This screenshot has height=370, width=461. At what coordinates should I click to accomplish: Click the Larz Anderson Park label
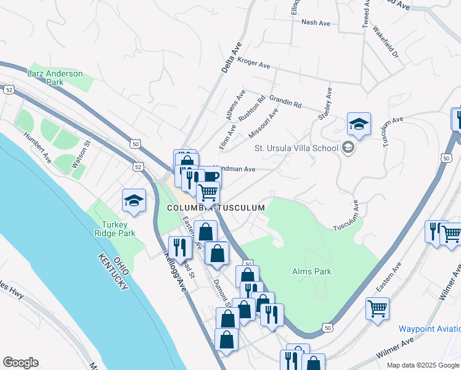(55, 78)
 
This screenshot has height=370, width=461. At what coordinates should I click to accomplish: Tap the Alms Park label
(312, 271)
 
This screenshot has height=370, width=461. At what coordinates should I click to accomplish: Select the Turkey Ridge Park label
(114, 229)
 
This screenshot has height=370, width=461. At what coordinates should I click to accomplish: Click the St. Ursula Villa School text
(296, 148)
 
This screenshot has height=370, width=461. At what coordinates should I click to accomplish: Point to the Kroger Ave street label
(254, 64)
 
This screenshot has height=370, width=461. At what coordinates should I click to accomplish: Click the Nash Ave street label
(316, 22)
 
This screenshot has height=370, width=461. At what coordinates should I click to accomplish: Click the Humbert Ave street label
(38, 147)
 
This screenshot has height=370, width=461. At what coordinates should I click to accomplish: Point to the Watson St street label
(82, 151)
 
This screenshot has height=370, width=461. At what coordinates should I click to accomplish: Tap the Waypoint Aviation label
(429, 329)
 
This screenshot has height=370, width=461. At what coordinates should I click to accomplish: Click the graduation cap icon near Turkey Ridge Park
(134, 200)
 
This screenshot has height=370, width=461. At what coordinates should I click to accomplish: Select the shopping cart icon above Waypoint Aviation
(377, 308)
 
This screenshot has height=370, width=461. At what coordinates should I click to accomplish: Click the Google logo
(20, 363)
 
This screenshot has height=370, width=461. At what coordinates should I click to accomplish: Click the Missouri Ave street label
(263, 123)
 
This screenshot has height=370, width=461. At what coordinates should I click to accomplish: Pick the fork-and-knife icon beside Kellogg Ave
(180, 248)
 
